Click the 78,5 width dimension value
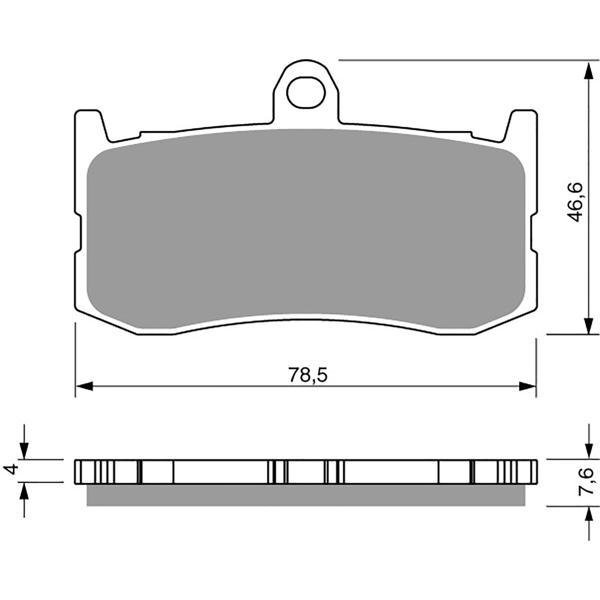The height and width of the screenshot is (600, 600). pyautogui.click(x=308, y=375)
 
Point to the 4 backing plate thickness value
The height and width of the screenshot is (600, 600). pyautogui.click(x=13, y=469)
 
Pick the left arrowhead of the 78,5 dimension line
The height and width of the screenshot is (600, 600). pyautogui.click(x=84, y=385)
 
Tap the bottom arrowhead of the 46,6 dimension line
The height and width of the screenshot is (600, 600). pyautogui.click(x=589, y=325)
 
